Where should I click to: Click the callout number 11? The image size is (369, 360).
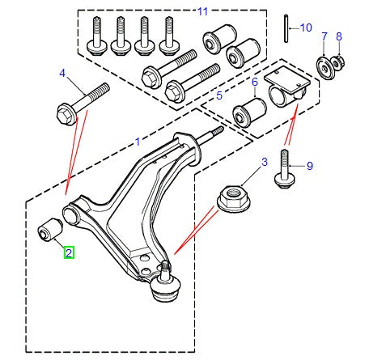[x=202, y=11]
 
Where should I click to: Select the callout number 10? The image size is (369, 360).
[x=306, y=28]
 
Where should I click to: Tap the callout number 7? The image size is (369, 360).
[x=324, y=36]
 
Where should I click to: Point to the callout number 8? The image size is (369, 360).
[x=339, y=36]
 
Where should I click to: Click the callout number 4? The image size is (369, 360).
[x=61, y=74]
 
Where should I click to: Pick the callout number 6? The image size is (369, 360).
[x=253, y=82]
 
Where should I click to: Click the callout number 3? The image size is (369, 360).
[x=264, y=163]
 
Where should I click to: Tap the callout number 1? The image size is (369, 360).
[x=138, y=141]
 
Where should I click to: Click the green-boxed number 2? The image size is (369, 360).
[x=70, y=253]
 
